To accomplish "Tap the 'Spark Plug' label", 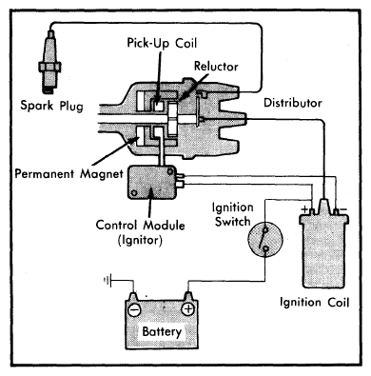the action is (x=51, y=106).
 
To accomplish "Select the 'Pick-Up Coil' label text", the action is (x=162, y=43).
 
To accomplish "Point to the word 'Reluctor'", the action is (x=216, y=67).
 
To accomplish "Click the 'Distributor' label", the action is (x=293, y=103).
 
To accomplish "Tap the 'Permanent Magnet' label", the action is (x=69, y=174).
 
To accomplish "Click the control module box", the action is (x=151, y=182).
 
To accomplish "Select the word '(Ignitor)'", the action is (x=140, y=240).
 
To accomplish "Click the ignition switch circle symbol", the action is (x=265, y=238).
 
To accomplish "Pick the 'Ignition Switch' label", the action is (x=233, y=214).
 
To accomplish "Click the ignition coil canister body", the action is (x=324, y=249).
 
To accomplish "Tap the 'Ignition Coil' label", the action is (x=314, y=302).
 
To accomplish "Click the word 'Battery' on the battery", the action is (x=162, y=331).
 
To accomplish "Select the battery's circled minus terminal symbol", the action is (x=134, y=309).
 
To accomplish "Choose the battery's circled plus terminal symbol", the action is (x=187, y=308).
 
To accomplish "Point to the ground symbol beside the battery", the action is (x=107, y=280).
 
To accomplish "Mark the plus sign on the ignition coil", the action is (x=304, y=209).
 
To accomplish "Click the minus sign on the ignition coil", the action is (x=343, y=209).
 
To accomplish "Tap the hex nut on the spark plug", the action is (x=49, y=67).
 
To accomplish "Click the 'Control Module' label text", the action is (x=140, y=225).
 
